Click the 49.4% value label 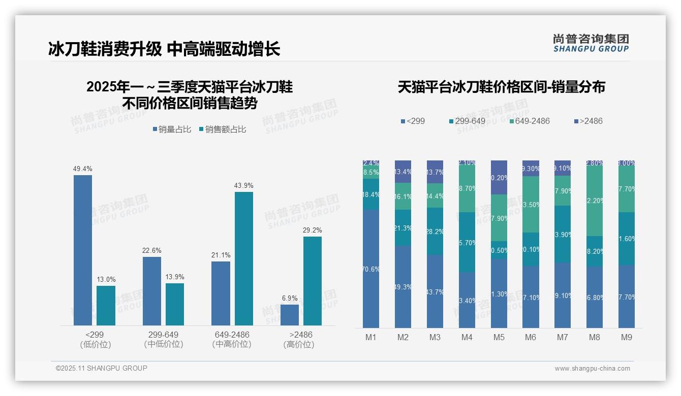click(83, 169)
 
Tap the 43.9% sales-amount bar click(244, 258)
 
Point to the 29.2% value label click(313, 230)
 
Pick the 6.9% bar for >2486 click(290, 315)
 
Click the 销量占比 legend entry click(172, 129)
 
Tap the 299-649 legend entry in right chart click(467, 121)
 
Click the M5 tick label click(499, 337)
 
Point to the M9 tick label click(627, 337)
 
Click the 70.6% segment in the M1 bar click(371, 269)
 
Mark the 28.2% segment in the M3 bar click(435, 231)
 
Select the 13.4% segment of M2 click(403, 172)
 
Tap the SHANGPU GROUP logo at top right click(591, 43)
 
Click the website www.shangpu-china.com click(592, 369)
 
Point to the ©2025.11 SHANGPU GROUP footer click(102, 368)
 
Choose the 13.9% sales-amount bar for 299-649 click(175, 304)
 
